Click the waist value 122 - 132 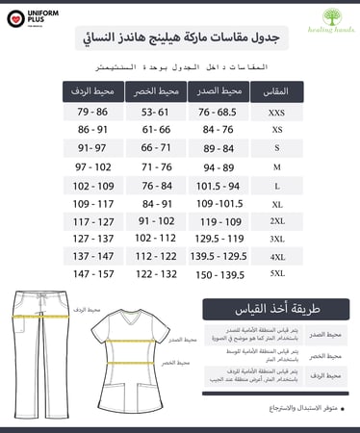coord(157,273)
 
